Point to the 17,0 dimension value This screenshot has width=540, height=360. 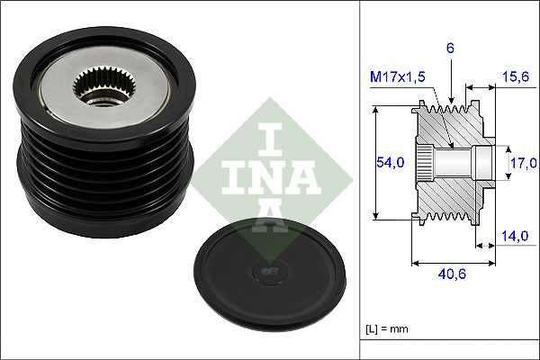pos(522,163)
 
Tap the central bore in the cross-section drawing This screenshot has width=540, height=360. pos(459,162)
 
